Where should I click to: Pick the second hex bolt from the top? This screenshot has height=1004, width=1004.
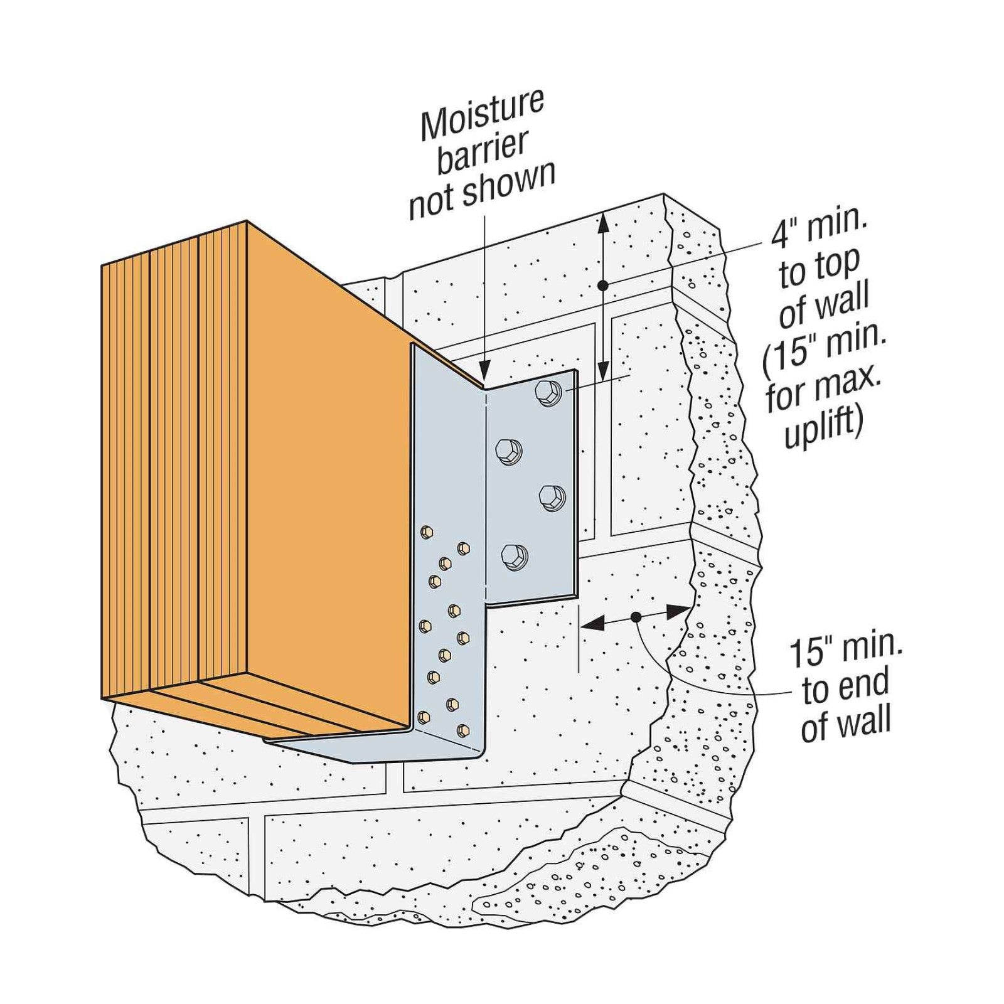point(508,451)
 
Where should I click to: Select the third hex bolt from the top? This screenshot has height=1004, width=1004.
point(552,498)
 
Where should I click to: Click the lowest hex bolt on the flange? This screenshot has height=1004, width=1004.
point(514,556)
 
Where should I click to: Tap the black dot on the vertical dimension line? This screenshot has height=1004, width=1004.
point(602,286)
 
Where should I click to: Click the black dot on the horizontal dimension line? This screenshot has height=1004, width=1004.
point(636,617)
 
